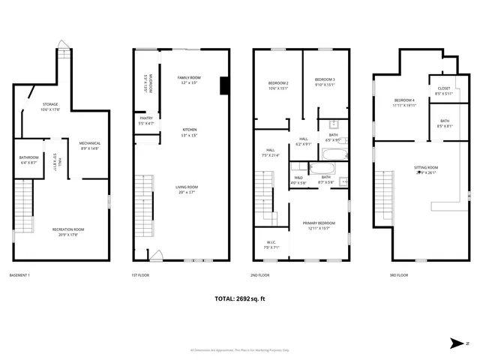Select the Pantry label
click(146, 120)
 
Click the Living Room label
click(186, 189)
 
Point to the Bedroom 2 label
click(278, 83)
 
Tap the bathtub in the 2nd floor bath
click(334, 154)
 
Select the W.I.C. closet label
click(271, 244)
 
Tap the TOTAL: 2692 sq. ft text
click(240, 298)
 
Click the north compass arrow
click(456, 344)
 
